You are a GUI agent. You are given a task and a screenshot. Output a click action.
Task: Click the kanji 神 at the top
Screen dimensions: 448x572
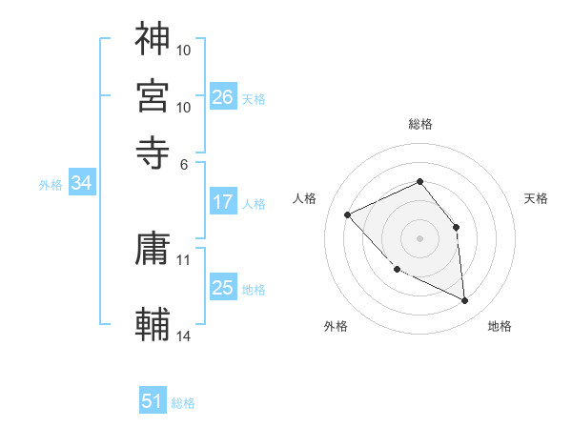pos(153,39)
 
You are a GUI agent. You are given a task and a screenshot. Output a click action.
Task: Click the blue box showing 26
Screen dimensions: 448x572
pos(223,96)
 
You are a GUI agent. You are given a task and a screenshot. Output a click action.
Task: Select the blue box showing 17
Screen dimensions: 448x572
pos(223,202)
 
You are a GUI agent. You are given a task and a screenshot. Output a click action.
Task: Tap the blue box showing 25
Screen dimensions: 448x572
pos(223,288)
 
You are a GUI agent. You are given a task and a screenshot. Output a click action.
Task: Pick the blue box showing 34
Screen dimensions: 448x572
pos(81,184)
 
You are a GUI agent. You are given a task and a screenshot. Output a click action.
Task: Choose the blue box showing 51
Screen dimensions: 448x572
pos(153,401)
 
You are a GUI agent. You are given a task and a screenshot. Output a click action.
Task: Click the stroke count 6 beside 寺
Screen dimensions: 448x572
pos(184,163)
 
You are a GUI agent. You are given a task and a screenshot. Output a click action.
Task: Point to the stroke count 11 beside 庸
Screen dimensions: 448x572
pos(184,259)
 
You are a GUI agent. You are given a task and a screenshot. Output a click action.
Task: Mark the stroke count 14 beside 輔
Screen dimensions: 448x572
pos(184,336)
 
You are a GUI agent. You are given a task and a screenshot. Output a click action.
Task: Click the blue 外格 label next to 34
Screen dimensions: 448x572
pos(51,185)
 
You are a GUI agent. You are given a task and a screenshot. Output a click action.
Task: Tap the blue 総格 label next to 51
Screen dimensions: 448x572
pos(183,403)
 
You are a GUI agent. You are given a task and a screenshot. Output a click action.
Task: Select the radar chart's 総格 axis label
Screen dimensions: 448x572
pos(420,124)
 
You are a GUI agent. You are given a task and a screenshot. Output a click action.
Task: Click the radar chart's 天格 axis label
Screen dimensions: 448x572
pos(536,198)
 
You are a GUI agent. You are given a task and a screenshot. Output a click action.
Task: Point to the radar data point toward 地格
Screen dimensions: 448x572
pos(465,301)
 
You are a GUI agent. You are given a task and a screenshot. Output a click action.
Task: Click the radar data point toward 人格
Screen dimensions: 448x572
pos(348,214)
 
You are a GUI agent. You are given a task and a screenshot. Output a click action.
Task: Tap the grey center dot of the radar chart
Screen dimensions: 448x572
pos(420,237)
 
